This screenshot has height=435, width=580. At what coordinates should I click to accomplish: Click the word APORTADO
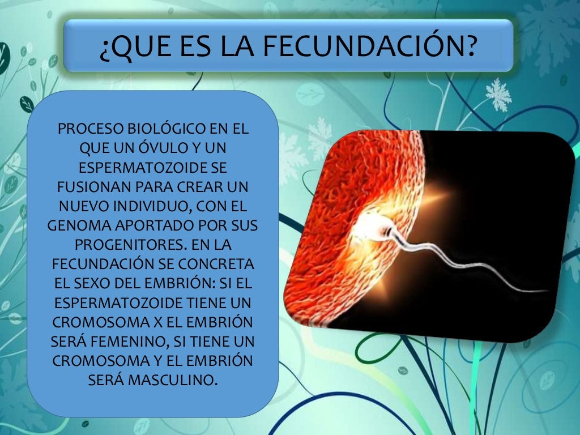point(155,225)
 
